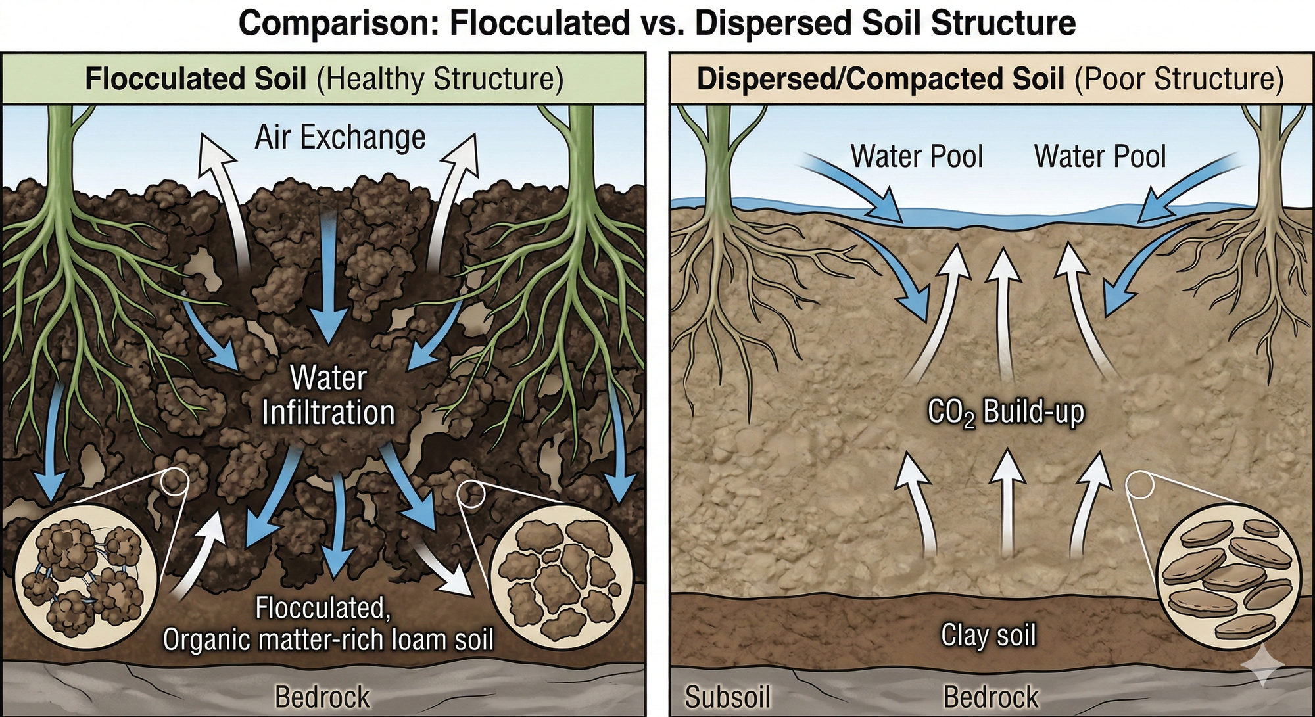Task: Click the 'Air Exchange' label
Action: pos(340,138)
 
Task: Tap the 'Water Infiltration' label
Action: pos(329,396)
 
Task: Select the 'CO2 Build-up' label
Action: pos(1005,413)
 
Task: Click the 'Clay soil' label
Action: pos(988,635)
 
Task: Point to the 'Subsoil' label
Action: pos(727,697)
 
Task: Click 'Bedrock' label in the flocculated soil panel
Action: pos(322,697)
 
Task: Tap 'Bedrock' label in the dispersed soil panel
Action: pos(991,697)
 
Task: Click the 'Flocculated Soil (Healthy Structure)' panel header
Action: pos(324,79)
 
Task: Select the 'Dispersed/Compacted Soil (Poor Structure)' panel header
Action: pos(990,79)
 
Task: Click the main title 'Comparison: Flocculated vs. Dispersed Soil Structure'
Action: pos(657,23)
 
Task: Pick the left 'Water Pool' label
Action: pos(917,156)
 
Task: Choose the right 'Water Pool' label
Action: pos(1100,156)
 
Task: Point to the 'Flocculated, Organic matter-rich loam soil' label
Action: pos(327,623)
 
